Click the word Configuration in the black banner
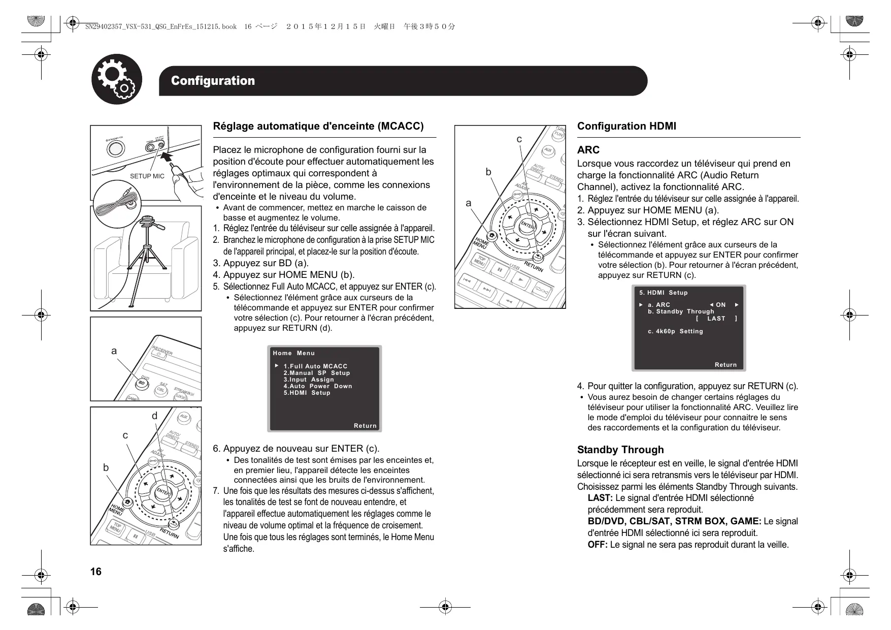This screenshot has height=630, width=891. (x=213, y=81)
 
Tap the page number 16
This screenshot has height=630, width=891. (x=95, y=572)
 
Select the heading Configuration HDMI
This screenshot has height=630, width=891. (x=626, y=127)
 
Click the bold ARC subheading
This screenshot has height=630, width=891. (x=588, y=150)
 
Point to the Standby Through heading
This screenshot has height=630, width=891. (x=620, y=450)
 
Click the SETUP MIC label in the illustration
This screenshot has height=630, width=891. (x=147, y=176)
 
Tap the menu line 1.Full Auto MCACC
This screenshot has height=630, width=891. (x=315, y=366)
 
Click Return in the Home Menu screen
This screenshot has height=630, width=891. (x=365, y=426)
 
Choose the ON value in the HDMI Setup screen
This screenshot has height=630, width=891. (x=720, y=305)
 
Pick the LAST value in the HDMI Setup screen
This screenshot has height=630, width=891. (x=716, y=319)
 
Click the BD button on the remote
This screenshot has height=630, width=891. (x=143, y=383)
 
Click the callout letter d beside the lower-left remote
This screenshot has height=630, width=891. (x=155, y=416)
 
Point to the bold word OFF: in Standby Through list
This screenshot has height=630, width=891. (x=597, y=545)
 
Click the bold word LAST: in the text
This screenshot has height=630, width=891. (x=600, y=498)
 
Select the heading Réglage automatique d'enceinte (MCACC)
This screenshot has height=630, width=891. (x=318, y=127)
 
